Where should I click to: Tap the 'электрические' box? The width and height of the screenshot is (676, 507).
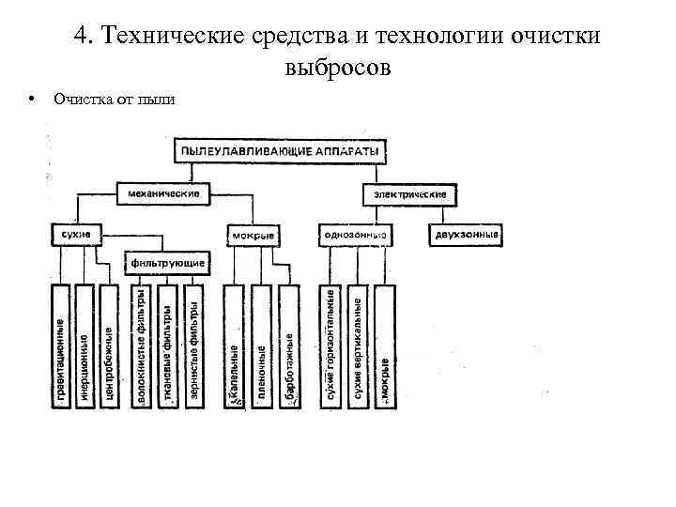pyautogui.click(x=409, y=194)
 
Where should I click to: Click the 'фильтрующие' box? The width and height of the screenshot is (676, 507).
pyautogui.click(x=169, y=262)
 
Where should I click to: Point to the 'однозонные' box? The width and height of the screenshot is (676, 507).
pyautogui.click(x=355, y=234)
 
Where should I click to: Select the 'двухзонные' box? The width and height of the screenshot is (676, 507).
pyautogui.click(x=467, y=233)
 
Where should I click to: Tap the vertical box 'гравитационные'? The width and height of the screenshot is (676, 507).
pyautogui.click(x=61, y=346)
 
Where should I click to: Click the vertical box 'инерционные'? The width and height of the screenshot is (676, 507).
pyautogui.click(x=85, y=346)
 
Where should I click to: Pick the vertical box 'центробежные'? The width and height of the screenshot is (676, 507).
pyautogui.click(x=110, y=346)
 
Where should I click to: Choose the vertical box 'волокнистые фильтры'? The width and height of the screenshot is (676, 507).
pyautogui.click(x=142, y=346)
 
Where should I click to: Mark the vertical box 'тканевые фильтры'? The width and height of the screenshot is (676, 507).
pyautogui.click(x=167, y=346)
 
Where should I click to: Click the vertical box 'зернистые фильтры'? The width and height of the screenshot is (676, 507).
pyautogui.click(x=193, y=346)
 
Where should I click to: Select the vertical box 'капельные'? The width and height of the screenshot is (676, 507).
pyautogui.click(x=234, y=346)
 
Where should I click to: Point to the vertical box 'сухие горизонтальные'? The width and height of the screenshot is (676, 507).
pyautogui.click(x=330, y=346)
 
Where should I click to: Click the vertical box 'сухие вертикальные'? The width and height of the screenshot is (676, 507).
pyautogui.click(x=358, y=346)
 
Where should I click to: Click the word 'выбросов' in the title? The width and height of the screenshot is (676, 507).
pyautogui.click(x=335, y=68)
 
